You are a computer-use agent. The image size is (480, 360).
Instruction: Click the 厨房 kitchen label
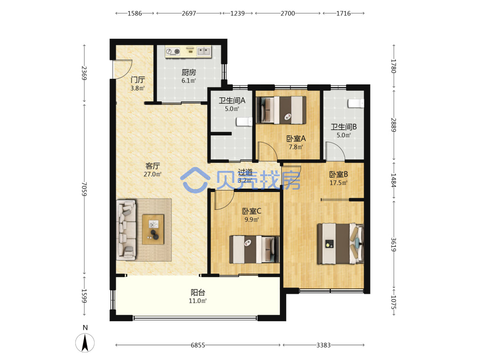[x=189, y=72]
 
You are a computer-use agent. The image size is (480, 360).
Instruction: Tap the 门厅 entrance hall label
[x=137, y=80]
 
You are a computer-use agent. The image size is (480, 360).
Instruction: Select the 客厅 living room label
[x=153, y=166]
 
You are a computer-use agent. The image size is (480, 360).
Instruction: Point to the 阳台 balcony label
[x=198, y=292]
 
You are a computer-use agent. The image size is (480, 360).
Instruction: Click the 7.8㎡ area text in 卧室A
[x=296, y=147]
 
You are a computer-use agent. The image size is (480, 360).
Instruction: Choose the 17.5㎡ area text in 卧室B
[x=338, y=183]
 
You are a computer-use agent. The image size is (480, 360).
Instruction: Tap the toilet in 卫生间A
[x=244, y=121]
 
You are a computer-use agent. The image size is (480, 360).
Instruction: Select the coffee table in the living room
[x=153, y=229]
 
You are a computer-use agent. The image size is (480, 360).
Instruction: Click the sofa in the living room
[x=126, y=230]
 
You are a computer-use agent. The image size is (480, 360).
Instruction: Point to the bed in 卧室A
[x=281, y=110]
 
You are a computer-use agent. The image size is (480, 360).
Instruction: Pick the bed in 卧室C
[x=254, y=249]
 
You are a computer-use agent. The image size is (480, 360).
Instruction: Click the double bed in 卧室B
[x=340, y=244]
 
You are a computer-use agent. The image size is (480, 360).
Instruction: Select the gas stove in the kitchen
[x=173, y=52]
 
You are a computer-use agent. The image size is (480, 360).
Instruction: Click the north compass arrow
[x=85, y=343]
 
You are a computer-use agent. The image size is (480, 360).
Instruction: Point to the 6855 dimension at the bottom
[x=198, y=345]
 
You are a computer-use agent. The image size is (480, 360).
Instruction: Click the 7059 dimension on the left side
[x=84, y=189]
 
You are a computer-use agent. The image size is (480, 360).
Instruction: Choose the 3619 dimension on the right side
[x=394, y=245]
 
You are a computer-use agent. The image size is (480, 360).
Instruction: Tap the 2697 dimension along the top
[x=189, y=13]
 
